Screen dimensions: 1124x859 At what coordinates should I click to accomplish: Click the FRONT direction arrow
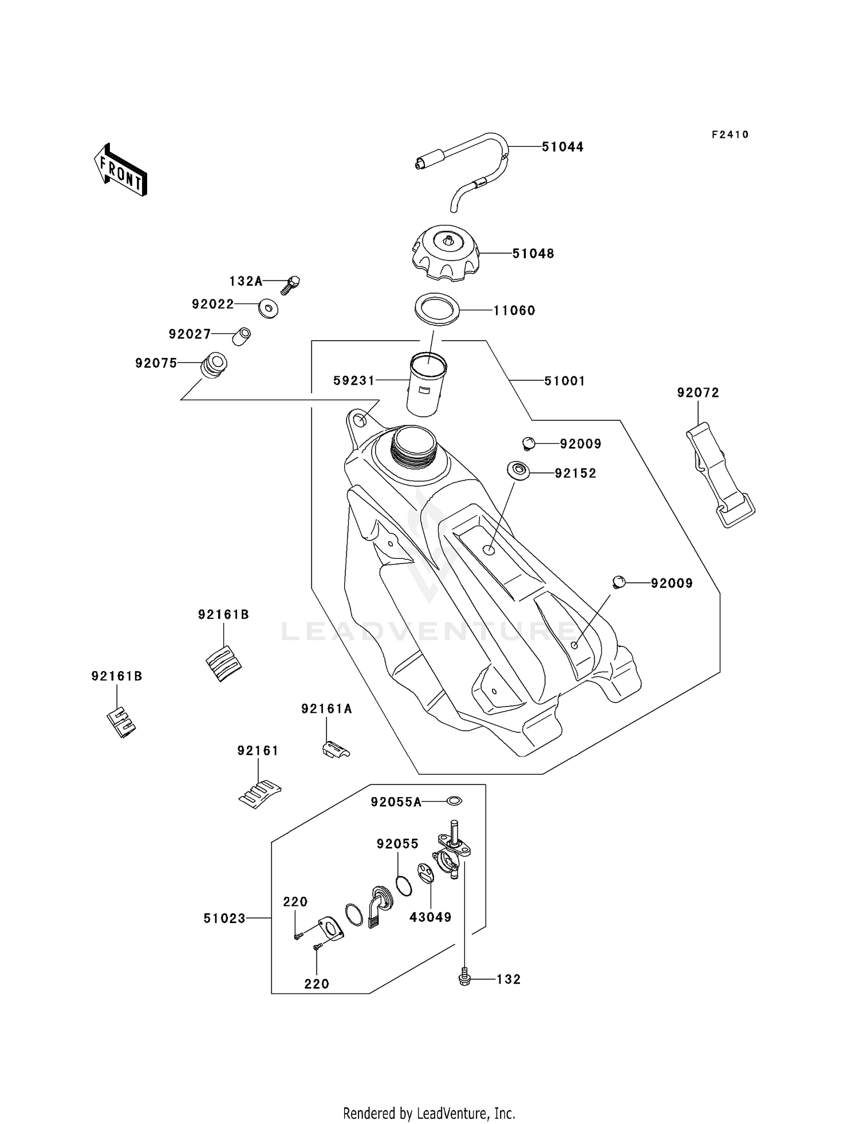pos(121,170)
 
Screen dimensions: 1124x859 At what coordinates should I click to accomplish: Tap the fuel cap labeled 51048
pos(444,253)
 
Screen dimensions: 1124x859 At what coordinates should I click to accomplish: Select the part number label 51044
pos(562,147)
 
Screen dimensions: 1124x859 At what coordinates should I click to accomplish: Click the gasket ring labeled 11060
pos(437,310)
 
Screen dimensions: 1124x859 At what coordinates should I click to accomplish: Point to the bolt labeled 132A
pos(291,283)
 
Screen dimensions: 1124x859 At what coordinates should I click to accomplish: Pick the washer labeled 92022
pos(268,308)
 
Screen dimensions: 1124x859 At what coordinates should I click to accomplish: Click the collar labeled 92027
pos(242,336)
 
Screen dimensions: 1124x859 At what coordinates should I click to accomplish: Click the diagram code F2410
pos(730,135)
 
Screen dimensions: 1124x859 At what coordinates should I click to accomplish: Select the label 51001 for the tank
pos(564,381)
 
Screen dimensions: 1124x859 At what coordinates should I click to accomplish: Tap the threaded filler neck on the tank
pos(413,444)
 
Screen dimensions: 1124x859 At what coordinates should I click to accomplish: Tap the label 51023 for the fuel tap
pos(224,918)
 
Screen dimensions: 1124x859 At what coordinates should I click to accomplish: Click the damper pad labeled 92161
pos(259,793)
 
